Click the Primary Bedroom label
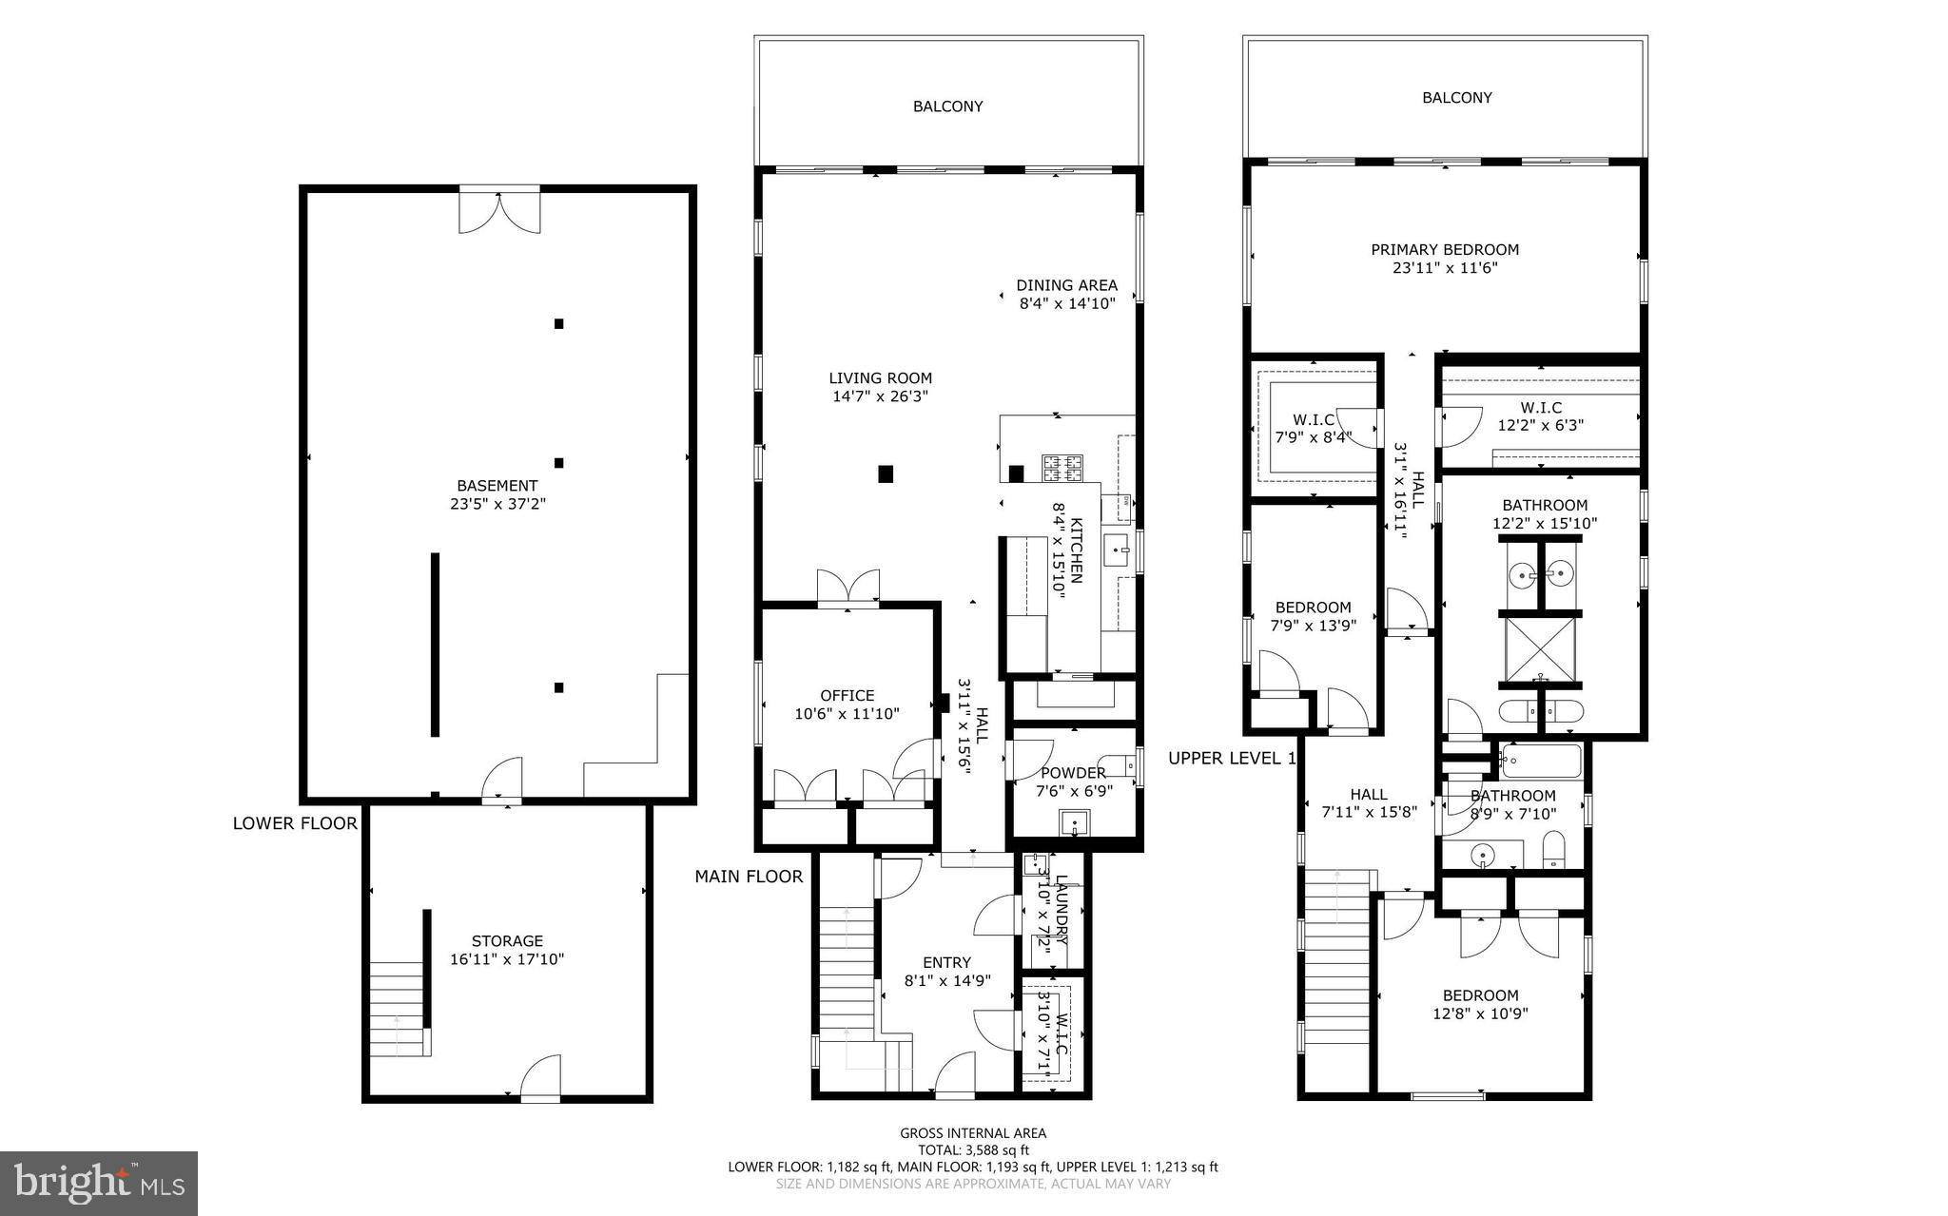point(1444,250)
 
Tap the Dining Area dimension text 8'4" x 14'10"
point(1066,304)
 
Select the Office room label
point(847,696)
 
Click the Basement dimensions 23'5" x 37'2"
point(497,504)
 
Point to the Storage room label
point(507,941)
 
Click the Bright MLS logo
point(99,1183)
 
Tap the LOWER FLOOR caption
point(295,823)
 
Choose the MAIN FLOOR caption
point(749,877)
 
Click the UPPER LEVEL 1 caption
point(1232,759)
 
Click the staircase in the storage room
point(398,1008)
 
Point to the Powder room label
point(1073,773)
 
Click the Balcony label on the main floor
point(947,106)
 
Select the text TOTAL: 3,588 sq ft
point(972,1149)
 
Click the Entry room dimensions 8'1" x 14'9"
point(946,980)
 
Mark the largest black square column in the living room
point(886,473)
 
